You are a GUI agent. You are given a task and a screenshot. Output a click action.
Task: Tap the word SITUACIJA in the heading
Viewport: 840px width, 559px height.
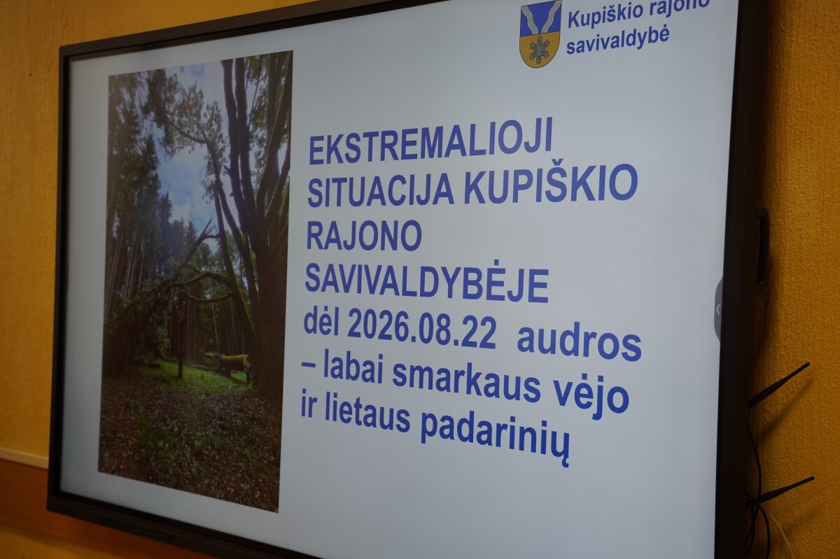[x=381, y=190]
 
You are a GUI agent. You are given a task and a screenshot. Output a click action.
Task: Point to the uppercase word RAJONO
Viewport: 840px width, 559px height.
[x=364, y=236]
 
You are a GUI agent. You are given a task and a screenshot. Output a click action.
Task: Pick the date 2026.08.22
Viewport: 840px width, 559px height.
[x=421, y=331]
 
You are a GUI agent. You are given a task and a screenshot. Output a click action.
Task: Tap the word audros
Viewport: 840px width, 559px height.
[x=579, y=343]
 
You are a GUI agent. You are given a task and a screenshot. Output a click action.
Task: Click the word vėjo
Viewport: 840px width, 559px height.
[x=591, y=398]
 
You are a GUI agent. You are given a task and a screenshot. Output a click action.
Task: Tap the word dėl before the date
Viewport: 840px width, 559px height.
[x=321, y=323]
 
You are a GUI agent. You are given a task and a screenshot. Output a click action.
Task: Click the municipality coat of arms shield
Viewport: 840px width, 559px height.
[x=540, y=34]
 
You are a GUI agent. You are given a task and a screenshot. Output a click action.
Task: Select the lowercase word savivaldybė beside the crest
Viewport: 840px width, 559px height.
[x=617, y=41]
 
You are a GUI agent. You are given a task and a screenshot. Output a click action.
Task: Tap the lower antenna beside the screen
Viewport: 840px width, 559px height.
[x=783, y=490]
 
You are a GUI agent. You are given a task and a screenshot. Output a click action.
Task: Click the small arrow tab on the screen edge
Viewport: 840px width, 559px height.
[x=718, y=310]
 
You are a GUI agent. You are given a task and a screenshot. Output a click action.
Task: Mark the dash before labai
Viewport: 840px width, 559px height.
[x=309, y=365]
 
